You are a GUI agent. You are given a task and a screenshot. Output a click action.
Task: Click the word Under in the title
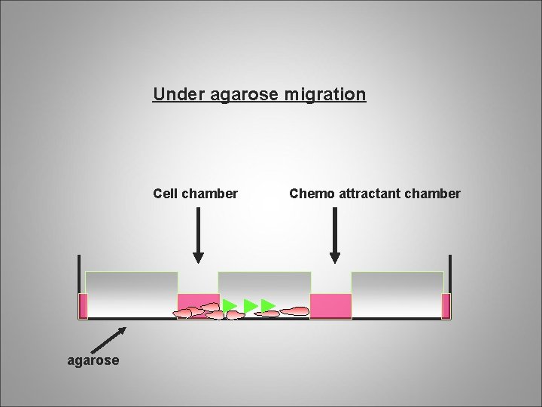171,95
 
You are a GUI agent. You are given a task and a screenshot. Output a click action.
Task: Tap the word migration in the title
327,95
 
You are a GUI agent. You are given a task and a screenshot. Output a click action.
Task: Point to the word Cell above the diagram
166,194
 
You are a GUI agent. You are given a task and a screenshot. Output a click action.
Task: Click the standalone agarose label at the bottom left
93,360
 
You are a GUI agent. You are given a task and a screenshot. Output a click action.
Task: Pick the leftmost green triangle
230,304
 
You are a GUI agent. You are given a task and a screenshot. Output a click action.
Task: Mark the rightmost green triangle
268,305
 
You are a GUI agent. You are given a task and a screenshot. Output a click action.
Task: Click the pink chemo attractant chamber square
331,305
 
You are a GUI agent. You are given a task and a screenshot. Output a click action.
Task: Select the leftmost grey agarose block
132,294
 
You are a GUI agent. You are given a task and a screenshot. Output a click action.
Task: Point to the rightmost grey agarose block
397,294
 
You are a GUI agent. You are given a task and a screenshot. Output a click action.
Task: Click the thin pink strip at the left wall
83,306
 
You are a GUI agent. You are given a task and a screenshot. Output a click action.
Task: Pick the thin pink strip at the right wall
446,306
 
